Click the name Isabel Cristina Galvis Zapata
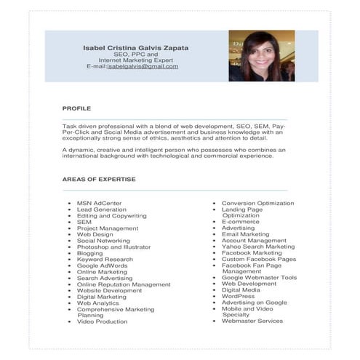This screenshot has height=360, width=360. [x=135, y=48]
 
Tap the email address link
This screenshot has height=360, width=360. [x=143, y=66]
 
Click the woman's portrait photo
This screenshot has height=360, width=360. [x=261, y=55]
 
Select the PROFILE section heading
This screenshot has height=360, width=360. [x=76, y=108]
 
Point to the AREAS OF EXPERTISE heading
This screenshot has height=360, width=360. [x=99, y=179]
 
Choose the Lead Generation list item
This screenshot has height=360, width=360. [x=101, y=209]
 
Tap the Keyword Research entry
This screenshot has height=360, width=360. [x=105, y=259]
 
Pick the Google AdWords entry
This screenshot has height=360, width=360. [x=102, y=265]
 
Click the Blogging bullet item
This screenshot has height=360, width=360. [x=90, y=253]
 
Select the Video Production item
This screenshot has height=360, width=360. [x=102, y=321]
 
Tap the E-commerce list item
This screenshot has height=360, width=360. [x=240, y=222]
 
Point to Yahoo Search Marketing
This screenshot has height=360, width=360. [x=258, y=247]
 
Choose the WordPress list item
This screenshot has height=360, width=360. [x=238, y=296]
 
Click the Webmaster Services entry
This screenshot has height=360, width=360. [x=252, y=321]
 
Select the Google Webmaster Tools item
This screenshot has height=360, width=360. [x=259, y=277]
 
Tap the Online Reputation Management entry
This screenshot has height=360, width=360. [x=124, y=284]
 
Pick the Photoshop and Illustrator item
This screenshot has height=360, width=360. [x=113, y=247]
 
